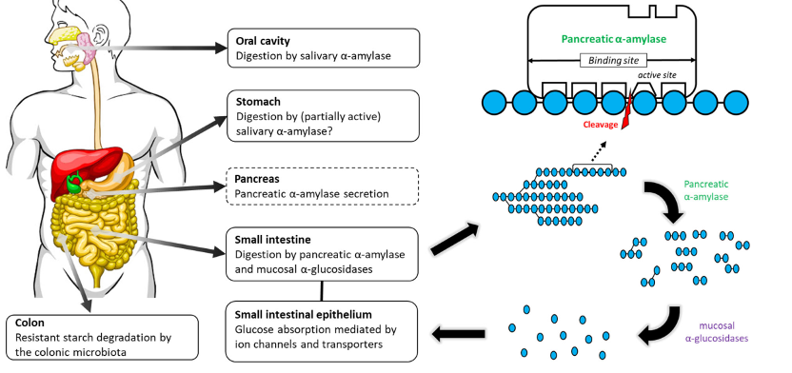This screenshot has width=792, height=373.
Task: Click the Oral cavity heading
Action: (x=263, y=41)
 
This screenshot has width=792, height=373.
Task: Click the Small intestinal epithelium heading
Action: (x=303, y=314)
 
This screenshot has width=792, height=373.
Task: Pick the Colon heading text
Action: (x=30, y=323)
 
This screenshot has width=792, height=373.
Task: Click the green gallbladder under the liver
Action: (x=75, y=184)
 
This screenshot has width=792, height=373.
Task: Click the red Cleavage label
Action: (x=601, y=125)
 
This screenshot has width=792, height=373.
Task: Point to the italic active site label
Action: (x=656, y=75)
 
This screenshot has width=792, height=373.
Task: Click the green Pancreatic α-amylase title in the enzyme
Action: (x=613, y=39)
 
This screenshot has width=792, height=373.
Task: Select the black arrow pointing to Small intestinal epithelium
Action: (x=458, y=333)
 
